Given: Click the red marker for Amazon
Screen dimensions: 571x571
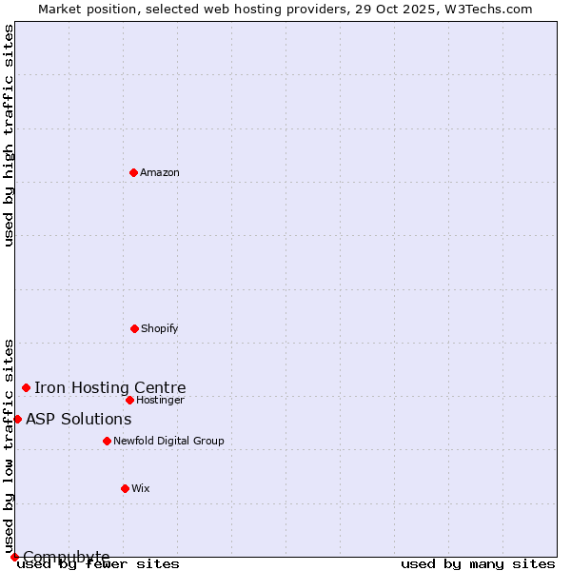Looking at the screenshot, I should click(x=134, y=172).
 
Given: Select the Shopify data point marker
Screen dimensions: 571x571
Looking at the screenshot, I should click(x=134, y=328).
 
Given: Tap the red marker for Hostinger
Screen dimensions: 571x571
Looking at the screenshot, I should click(x=129, y=400).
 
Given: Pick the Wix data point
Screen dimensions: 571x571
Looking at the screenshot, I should click(x=125, y=488).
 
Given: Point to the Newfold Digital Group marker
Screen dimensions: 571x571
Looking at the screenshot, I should click(x=107, y=441).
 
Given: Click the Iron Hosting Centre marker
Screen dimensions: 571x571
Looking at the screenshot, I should click(x=26, y=387).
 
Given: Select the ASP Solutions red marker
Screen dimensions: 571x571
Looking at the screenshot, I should click(x=17, y=419).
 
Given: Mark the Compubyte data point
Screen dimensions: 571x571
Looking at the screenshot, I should click(x=14, y=557).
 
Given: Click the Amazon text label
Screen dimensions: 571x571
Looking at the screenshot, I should click(x=160, y=172).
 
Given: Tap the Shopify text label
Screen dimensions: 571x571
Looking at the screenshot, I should click(x=160, y=328).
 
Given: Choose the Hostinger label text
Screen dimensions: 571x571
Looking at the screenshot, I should click(x=160, y=400).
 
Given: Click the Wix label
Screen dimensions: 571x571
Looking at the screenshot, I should click(x=141, y=488).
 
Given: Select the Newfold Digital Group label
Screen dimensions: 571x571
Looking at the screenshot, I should click(x=168, y=441).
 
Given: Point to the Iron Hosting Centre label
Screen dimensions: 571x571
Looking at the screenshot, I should click(x=110, y=387).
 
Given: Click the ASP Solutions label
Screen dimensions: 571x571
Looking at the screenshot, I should click(x=79, y=419).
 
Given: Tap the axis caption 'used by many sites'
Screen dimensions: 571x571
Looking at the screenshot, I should click(x=478, y=563).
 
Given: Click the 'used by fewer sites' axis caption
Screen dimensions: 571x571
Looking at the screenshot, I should click(x=99, y=563).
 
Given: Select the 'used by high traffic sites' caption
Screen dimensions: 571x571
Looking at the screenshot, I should click(x=9, y=135).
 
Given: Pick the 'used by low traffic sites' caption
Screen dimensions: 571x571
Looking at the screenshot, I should click(x=9, y=445).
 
